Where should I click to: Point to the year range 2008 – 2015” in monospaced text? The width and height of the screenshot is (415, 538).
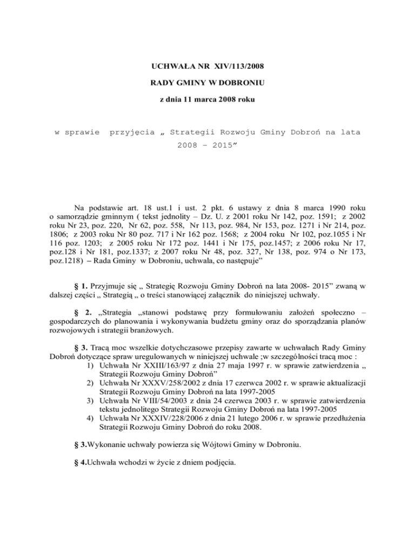[x=208, y=147]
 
